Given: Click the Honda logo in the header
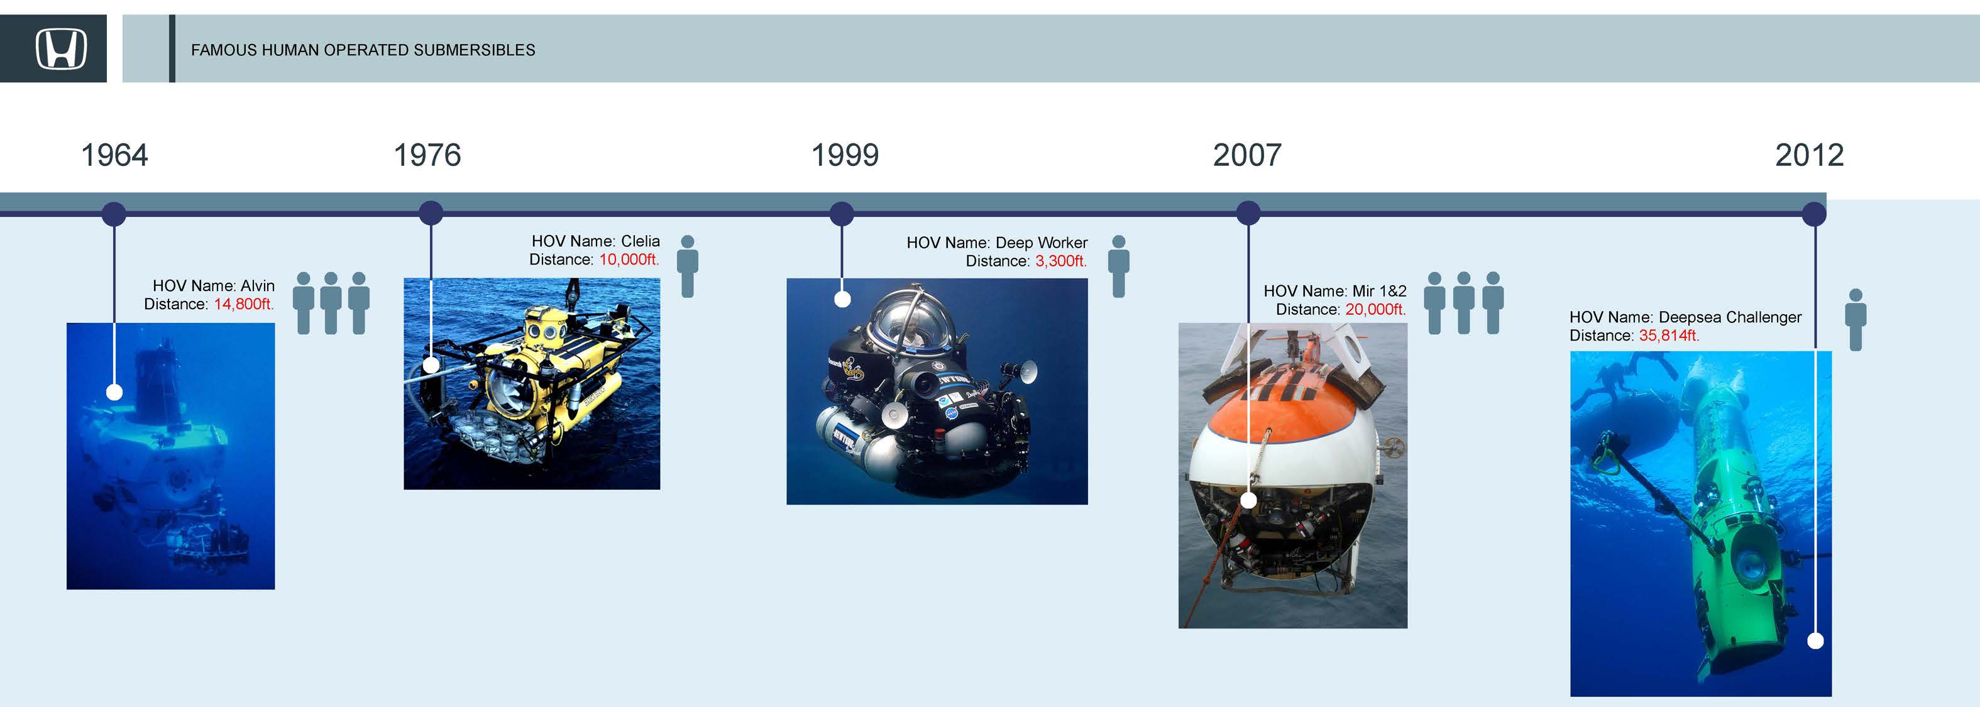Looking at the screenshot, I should [x=61, y=49].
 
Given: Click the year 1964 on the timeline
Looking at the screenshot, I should [x=114, y=155].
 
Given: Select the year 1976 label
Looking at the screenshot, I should [x=427, y=155].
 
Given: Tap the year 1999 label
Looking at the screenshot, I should [x=845, y=155].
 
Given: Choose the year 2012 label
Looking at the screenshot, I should [x=1810, y=155].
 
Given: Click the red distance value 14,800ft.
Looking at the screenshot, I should [x=244, y=304].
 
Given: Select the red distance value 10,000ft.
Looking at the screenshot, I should [x=629, y=260].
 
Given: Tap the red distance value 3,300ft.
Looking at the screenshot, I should [x=1061, y=261].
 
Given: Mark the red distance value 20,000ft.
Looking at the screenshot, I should [x=1375, y=310].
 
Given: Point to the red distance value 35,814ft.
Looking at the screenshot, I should [x=1669, y=336].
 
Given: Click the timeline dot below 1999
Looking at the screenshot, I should [x=842, y=214].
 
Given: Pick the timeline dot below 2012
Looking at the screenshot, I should [x=1814, y=214].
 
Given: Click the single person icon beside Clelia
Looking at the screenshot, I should [x=688, y=266].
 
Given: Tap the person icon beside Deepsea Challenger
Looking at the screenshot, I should [x=1856, y=320].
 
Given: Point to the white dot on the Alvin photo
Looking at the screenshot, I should [x=114, y=392].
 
